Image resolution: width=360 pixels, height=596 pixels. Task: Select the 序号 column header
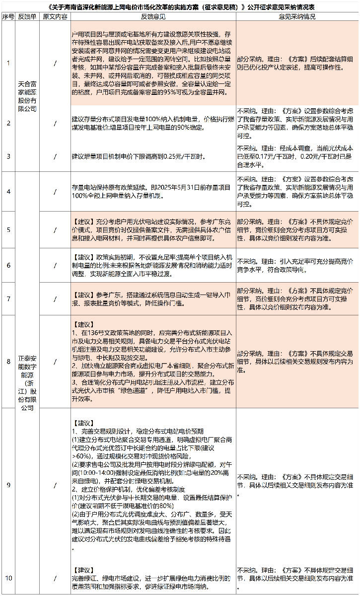click(8, 17)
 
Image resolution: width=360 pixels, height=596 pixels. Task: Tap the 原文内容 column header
click(55, 17)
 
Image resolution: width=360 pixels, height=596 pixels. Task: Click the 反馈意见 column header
click(153, 17)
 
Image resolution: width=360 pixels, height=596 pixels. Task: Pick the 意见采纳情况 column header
click(297, 17)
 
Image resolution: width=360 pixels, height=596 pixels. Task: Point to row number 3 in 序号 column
click(8, 156)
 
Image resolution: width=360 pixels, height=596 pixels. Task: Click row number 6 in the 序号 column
click(8, 265)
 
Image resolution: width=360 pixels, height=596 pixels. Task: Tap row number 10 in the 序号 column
click(8, 578)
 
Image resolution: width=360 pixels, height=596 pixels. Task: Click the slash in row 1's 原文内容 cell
click(55, 63)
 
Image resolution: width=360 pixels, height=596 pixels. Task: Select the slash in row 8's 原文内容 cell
click(55, 361)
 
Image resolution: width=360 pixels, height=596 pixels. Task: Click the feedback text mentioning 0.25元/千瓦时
click(138, 156)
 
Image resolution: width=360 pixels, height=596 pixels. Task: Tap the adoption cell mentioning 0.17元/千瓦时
click(296, 155)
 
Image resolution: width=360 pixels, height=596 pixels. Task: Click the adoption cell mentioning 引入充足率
click(296, 265)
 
